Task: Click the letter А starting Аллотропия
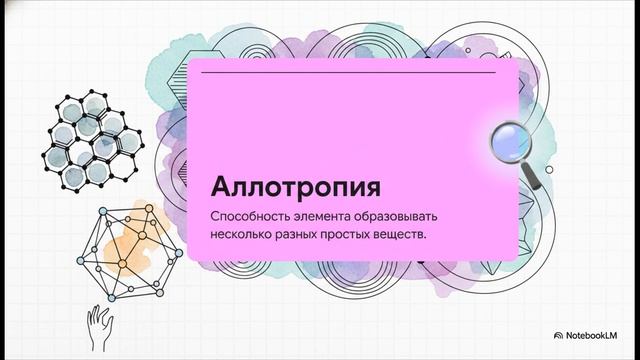coord(221,189)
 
